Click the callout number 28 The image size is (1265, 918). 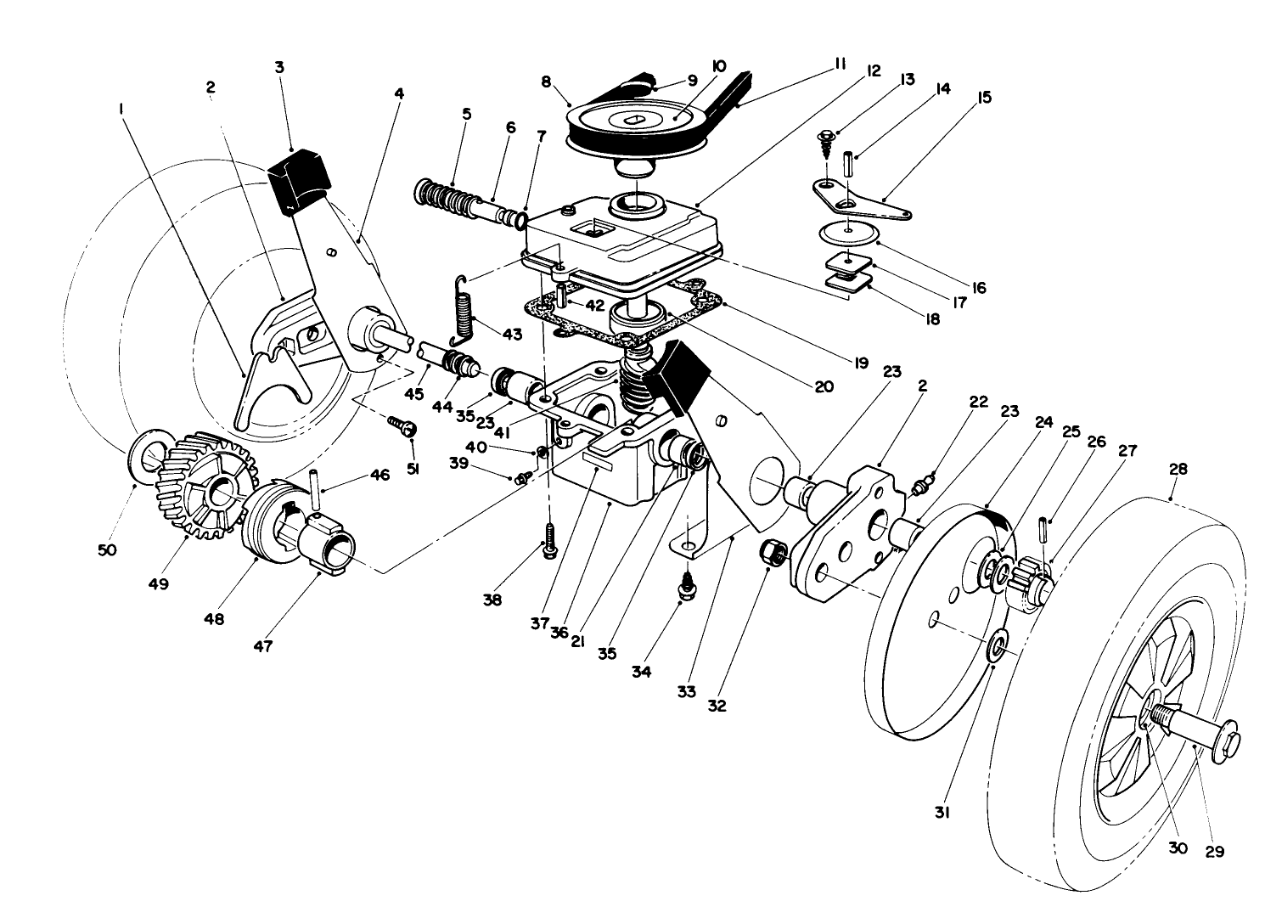(1178, 469)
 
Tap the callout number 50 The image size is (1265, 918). (106, 550)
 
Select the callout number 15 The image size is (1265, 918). (984, 99)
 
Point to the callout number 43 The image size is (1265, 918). (512, 335)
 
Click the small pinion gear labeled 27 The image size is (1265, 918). (1030, 579)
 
